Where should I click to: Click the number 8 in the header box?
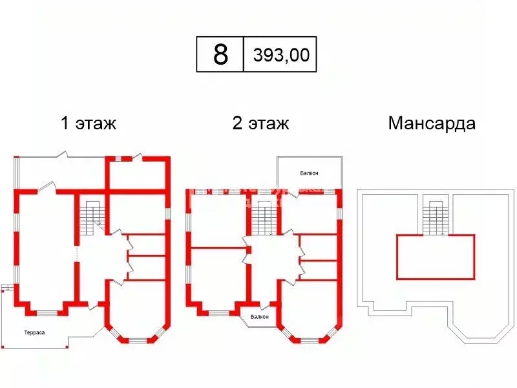[x=220, y=54]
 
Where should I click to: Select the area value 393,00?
[x=280, y=55]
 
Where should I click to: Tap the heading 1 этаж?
[x=89, y=123]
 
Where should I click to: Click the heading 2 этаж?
[x=260, y=123]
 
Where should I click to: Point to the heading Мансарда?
[x=432, y=123]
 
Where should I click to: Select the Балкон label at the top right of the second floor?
[x=309, y=173]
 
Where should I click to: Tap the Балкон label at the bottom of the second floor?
[x=260, y=317]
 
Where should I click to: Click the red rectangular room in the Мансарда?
[x=435, y=256]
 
